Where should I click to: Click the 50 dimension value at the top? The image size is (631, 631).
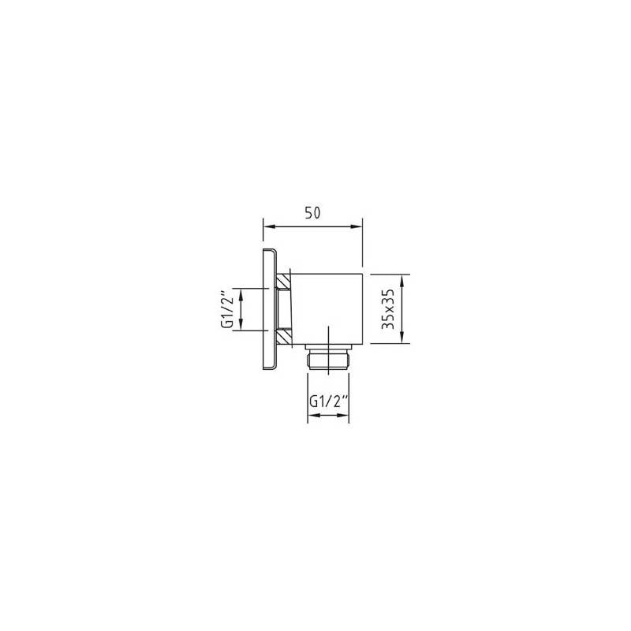point(312,212)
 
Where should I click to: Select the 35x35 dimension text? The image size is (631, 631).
point(388,309)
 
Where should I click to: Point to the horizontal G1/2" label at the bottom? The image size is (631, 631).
point(328,401)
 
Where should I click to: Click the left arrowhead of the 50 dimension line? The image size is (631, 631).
point(268,226)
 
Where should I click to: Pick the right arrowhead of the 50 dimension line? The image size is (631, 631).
point(357,226)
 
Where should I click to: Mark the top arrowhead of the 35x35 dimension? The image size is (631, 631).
point(402,280)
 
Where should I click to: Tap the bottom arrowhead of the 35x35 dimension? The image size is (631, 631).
point(402,338)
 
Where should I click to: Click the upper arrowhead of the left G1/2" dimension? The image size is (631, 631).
point(241,293)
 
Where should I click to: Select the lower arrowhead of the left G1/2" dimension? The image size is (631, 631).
point(241,325)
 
